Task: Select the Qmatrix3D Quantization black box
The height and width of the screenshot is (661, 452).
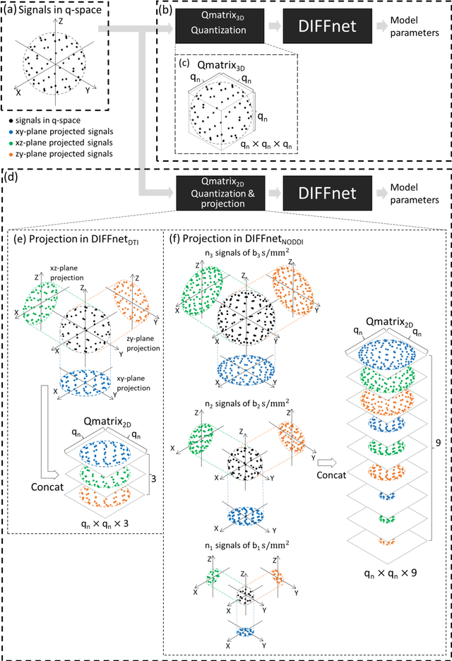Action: (x=210, y=32)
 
